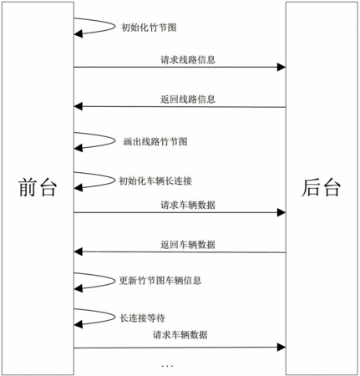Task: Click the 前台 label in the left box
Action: [38, 187]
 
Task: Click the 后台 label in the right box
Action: [321, 187]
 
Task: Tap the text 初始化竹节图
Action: [149, 28]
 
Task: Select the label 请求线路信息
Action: [188, 59]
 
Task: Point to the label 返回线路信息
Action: [188, 99]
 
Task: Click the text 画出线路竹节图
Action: [155, 141]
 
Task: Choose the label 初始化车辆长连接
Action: [155, 181]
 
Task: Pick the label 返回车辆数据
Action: [188, 245]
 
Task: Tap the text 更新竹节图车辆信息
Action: [160, 280]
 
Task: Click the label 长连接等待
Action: [142, 318]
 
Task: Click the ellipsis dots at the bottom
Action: [167, 366]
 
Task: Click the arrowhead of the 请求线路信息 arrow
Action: [281, 67]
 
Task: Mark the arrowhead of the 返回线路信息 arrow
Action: [79, 106]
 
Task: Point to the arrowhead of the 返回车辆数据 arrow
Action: [79, 252]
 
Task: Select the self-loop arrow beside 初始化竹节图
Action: [115, 27]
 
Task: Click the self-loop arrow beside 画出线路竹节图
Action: [115, 140]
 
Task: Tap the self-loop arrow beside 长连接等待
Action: [115, 317]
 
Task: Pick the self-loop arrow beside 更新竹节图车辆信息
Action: [115, 281]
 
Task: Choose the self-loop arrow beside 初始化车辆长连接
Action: [115, 180]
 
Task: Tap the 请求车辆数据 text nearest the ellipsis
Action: [180, 334]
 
